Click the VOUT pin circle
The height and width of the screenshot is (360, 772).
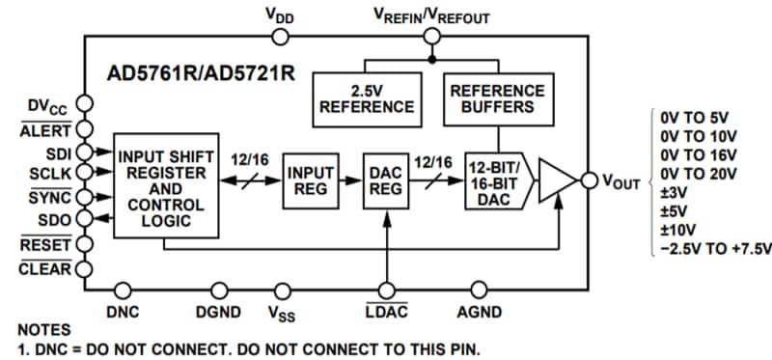(x=588, y=180)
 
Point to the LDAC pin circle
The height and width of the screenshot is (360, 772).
(x=387, y=289)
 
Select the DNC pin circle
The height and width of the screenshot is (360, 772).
(x=124, y=289)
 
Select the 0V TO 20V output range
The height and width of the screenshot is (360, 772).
(x=699, y=174)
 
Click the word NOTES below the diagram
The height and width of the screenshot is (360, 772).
(x=43, y=330)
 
